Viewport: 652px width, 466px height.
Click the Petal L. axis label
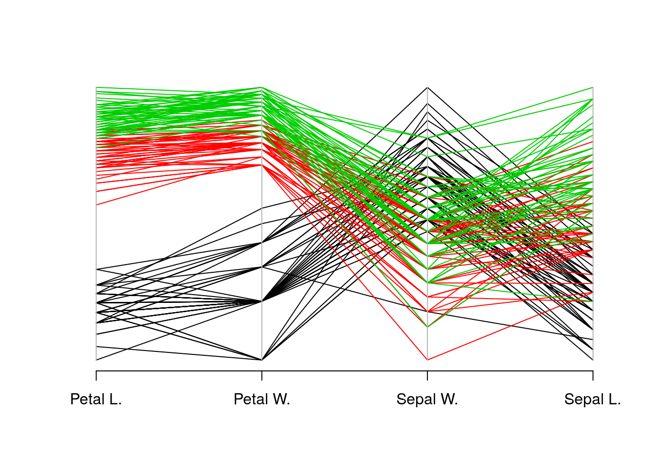96,399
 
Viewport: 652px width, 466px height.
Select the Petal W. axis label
261,399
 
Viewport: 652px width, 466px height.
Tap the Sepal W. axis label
427,399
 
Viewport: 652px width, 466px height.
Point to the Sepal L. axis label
592,399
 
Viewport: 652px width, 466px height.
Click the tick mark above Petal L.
96,376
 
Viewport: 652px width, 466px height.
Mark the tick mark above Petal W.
262,376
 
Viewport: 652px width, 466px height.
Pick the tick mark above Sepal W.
427,376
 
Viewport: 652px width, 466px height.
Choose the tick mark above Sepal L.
593,376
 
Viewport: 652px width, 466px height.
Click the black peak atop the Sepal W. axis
427,88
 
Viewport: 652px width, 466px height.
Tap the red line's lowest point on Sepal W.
427,360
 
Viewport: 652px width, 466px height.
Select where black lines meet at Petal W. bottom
262,360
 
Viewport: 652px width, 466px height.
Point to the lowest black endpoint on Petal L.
96,360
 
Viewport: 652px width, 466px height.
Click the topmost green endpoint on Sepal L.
593,88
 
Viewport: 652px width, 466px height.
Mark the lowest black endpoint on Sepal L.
593,360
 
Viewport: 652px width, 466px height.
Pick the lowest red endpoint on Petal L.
96,205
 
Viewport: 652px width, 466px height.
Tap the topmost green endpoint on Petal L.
96,87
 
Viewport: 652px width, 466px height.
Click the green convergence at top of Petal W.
262,88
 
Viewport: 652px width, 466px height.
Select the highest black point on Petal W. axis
262,208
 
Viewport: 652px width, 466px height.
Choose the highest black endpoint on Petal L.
96,269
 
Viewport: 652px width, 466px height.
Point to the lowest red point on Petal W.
262,165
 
